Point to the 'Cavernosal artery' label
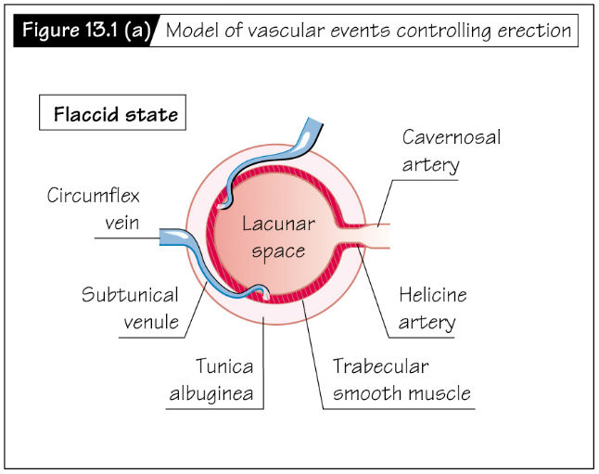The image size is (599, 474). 451,151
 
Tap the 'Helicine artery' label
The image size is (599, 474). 433,309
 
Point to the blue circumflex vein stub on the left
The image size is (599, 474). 173,237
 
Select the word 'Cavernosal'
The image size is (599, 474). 451,137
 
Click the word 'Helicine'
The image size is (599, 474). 433,296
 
